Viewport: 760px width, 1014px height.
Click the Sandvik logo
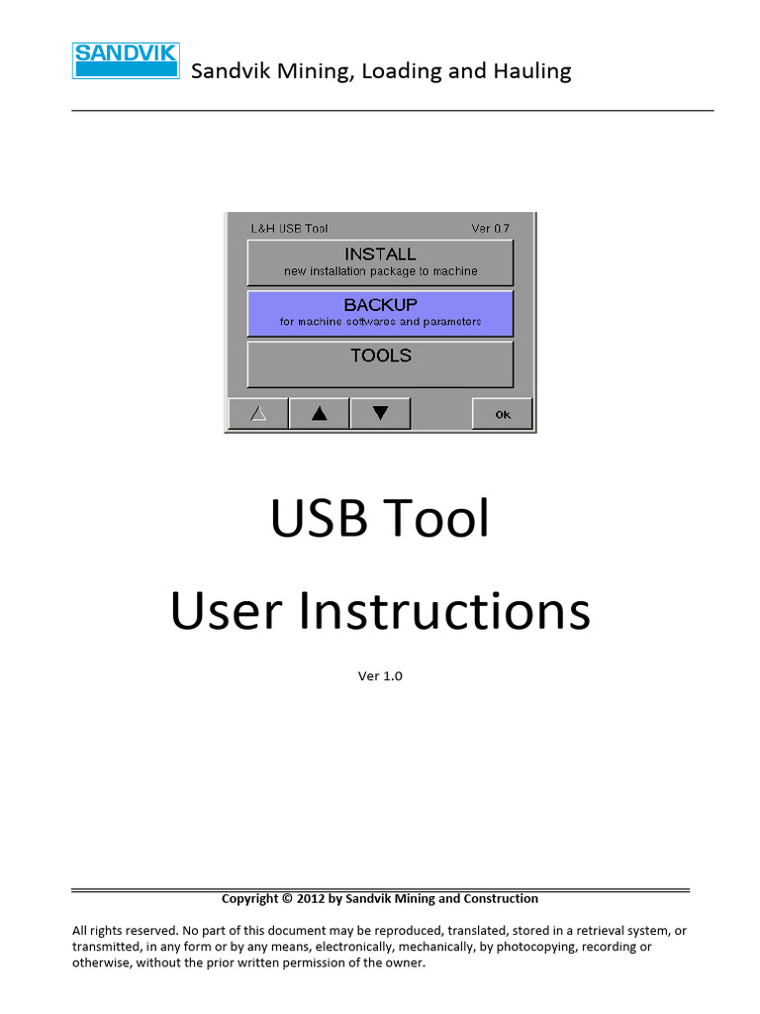[125, 59]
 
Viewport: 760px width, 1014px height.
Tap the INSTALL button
[380, 261]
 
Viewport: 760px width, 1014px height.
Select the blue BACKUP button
[380, 312]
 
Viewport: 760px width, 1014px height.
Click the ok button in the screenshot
[503, 414]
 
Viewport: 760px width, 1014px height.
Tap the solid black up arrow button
[319, 414]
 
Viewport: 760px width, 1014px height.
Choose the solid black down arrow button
[380, 414]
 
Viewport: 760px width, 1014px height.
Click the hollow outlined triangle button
[258, 414]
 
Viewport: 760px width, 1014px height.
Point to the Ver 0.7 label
[490, 229]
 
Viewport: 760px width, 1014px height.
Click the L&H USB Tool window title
[288, 229]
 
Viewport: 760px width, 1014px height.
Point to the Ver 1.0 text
[380, 676]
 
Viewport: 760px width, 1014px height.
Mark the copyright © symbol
[287, 899]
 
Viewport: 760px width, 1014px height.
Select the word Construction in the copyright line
[501, 899]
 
